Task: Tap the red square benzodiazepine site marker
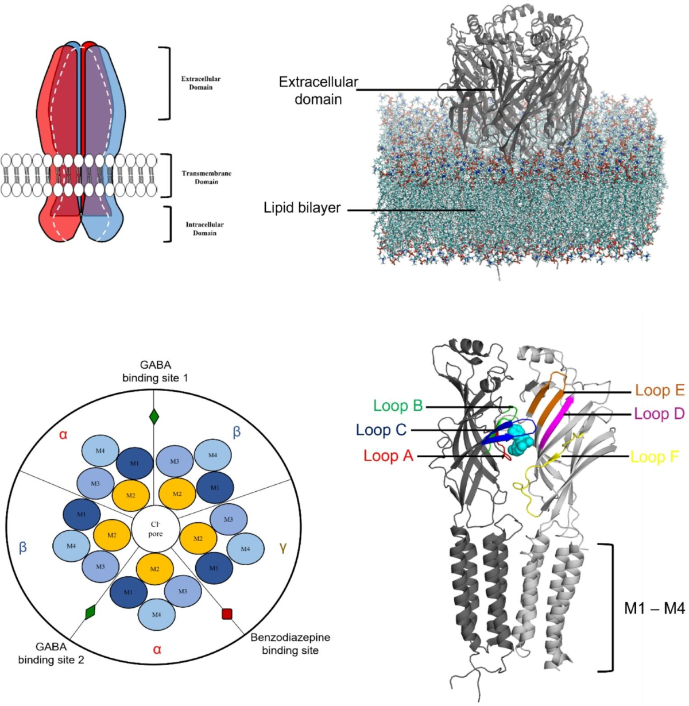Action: point(227,614)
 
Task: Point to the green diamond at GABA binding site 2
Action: point(90,612)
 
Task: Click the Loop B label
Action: point(398,406)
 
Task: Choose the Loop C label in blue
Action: point(381,430)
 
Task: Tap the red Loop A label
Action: point(388,456)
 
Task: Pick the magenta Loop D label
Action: point(659,414)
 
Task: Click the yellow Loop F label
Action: point(655,457)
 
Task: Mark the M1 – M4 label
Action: point(654,608)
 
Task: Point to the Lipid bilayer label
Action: point(302,208)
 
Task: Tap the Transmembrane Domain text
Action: point(207,178)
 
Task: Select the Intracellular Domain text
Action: point(204,229)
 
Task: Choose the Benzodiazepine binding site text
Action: point(290,644)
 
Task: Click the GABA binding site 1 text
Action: point(154,371)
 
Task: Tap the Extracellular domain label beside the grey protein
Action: point(318,90)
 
